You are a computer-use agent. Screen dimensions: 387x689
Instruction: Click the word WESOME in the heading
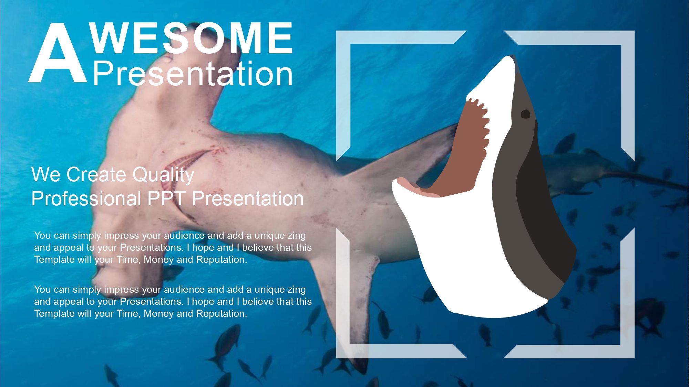[x=192, y=38]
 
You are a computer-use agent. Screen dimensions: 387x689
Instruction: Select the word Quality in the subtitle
[x=163, y=175]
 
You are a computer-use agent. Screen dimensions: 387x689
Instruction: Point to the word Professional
[x=86, y=199]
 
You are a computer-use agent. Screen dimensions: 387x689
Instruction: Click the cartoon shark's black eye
[x=525, y=114]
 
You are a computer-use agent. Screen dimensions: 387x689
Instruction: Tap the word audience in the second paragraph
[x=184, y=290]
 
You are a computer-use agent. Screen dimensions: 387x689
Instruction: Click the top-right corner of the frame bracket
[x=627, y=37]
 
